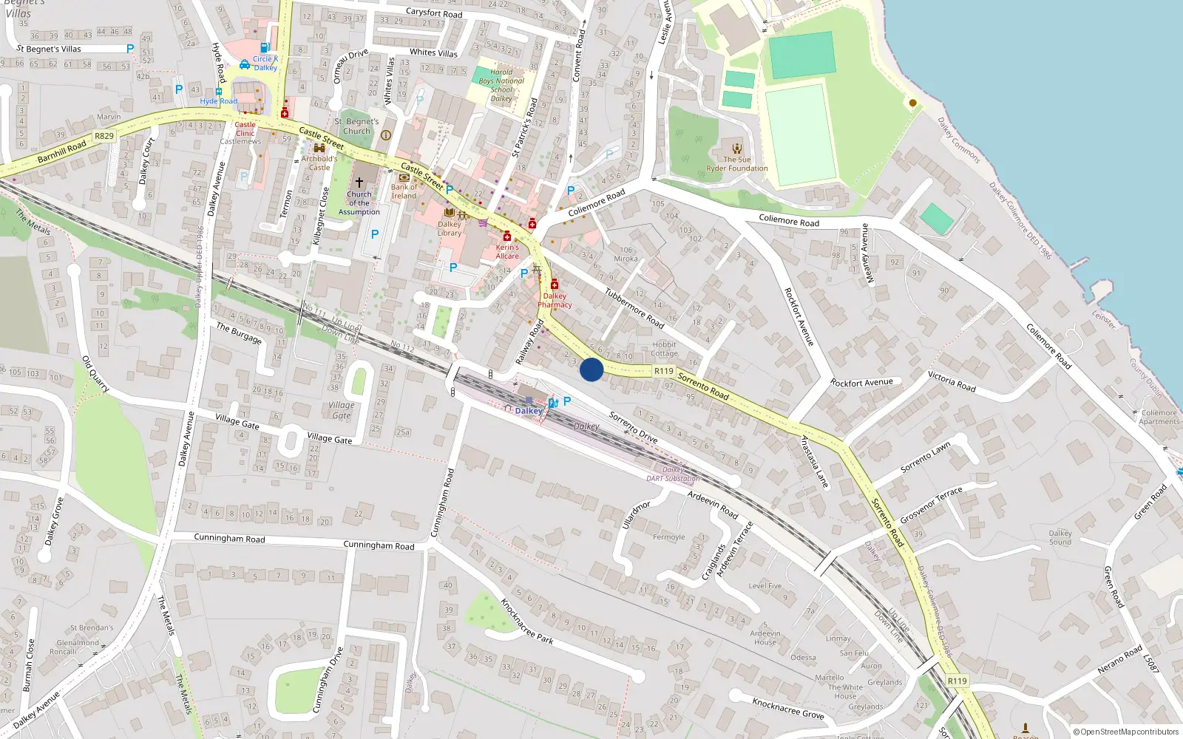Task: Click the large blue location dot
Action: coord(591,369)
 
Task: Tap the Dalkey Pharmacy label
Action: coord(555,300)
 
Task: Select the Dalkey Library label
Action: coord(450,228)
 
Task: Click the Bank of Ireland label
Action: coord(404,191)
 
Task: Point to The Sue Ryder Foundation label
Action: coord(737,164)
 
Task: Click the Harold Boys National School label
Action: coord(501,86)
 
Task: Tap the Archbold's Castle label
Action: coord(319,163)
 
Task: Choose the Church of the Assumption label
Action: coord(359,203)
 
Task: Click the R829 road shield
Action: coord(104,136)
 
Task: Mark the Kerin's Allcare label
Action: coord(507,252)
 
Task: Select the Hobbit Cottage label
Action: coord(665,349)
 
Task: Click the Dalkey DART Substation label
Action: coord(673,474)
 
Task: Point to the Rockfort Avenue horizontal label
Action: coord(861,383)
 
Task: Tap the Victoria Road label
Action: coord(952,381)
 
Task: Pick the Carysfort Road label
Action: coord(434,13)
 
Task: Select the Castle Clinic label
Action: coord(245,129)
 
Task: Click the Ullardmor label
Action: coord(636,514)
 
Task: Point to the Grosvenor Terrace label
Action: coord(931,505)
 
